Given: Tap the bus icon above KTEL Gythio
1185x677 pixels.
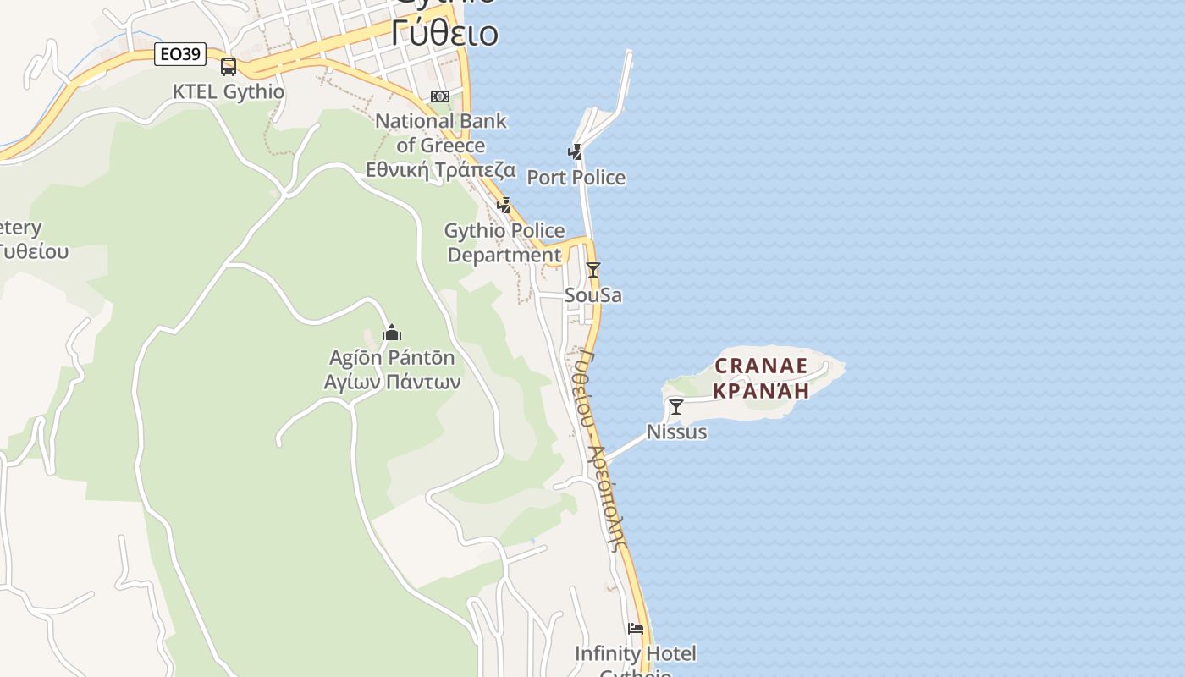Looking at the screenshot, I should [229, 67].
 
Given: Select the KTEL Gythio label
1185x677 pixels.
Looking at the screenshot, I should [229, 91].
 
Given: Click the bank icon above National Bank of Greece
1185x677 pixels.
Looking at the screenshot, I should [440, 96].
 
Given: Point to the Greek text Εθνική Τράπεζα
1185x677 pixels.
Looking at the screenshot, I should [440, 170].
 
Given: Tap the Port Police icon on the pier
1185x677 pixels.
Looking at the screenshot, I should [576, 152].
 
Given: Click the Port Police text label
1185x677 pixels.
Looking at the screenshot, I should [576, 178].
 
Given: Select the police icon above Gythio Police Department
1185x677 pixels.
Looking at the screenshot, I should [504, 205].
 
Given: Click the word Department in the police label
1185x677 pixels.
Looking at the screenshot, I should [504, 255].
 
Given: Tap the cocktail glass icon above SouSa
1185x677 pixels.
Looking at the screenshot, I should [593, 270].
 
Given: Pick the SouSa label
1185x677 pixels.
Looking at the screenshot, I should [593, 295].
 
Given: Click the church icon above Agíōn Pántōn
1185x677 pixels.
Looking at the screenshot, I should [391, 333].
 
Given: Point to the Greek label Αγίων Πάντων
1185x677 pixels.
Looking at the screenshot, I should [392, 382].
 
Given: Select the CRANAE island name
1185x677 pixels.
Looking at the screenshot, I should [761, 366].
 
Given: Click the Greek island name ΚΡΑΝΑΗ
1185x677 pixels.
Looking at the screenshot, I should [761, 390].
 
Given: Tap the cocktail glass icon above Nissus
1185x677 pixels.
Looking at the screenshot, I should [676, 407].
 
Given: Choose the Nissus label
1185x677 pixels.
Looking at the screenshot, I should [676, 432].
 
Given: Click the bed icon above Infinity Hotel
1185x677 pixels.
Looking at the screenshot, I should [636, 629].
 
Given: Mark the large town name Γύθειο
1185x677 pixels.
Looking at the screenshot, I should [444, 34].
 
